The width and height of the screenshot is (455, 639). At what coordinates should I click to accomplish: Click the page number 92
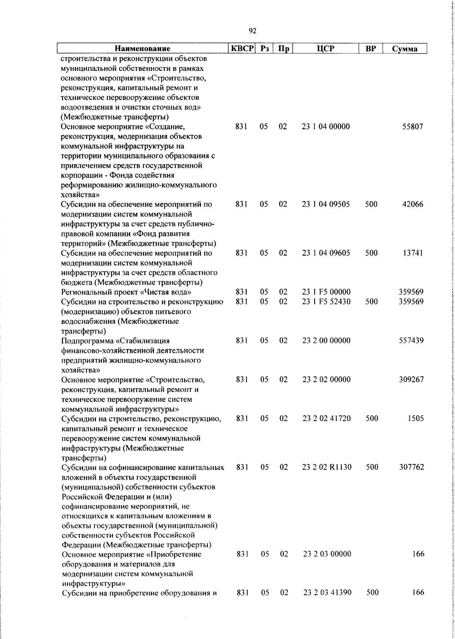[253, 31]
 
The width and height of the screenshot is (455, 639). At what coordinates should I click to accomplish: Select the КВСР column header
[242, 49]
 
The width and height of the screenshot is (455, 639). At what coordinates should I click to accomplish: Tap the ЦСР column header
[326, 49]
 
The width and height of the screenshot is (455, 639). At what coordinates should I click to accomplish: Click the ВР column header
[371, 49]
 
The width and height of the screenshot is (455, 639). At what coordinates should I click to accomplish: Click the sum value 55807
[413, 127]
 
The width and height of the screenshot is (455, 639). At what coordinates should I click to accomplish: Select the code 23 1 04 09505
[326, 204]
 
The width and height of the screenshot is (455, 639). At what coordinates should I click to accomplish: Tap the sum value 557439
[411, 340]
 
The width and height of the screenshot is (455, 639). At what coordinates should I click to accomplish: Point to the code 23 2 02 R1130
[327, 467]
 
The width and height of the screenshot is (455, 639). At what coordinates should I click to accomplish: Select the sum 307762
[411, 467]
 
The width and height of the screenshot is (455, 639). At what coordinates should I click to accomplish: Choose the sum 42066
[413, 204]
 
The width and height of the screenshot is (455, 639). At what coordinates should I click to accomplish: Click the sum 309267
[411, 379]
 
